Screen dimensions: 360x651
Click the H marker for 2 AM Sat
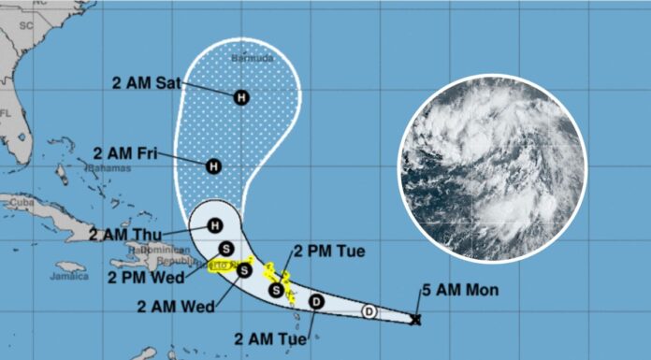click(242, 96)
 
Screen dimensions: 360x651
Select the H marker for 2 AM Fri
click(213, 166)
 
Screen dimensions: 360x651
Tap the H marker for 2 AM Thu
click(215, 225)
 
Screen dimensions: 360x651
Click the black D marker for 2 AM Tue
click(316, 301)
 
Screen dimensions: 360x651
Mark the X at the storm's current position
click(416, 320)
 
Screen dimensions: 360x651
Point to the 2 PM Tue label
click(331, 251)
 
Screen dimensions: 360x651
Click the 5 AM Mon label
click(470, 291)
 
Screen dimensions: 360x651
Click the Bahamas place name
click(105, 169)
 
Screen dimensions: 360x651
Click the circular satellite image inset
click(492, 169)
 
